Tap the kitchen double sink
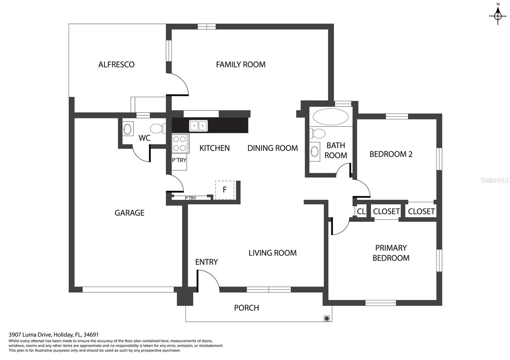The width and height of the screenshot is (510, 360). tap(198, 126)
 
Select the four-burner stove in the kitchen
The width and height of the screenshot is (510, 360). tap(180, 144)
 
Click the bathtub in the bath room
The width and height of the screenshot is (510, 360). tap(330, 117)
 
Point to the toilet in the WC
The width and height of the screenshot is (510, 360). tap(158, 129)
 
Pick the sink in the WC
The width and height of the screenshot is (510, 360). tap(128, 129)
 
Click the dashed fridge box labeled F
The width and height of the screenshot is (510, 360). tap(225, 190)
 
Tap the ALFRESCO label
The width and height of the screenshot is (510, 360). tap(116, 65)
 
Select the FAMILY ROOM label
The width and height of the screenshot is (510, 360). tap(241, 65)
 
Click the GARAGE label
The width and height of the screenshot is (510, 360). tap(129, 213)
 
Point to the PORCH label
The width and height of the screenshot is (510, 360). tap(246, 308)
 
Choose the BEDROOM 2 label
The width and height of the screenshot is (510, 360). tap(391, 154)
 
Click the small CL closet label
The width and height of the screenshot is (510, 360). tap(361, 212)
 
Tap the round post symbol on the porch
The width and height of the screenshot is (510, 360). tap(327, 318)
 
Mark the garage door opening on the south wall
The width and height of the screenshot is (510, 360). tap(128, 290)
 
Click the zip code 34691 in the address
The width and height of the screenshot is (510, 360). tap(91, 335)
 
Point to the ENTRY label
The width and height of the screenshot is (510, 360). tap(207, 262)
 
